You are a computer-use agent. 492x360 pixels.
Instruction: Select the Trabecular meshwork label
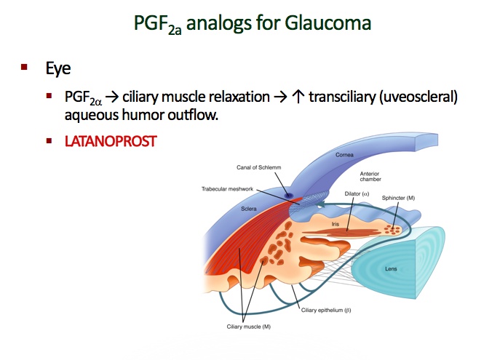point(228,188)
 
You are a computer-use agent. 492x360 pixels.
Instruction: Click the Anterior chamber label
point(371,177)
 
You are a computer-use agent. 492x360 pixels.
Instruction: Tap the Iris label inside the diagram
point(336,225)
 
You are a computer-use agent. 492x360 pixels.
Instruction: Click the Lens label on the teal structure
point(390,270)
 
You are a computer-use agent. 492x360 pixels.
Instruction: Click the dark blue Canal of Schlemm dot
point(290,196)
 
